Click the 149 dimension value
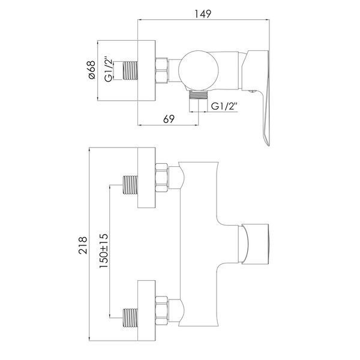203,14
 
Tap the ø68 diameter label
92,70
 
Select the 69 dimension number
169,119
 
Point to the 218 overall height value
83,245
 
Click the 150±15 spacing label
104,251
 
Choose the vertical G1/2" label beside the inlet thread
109,69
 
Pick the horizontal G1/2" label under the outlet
224,106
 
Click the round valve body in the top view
199,70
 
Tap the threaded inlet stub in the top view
130,71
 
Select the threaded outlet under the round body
199,95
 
